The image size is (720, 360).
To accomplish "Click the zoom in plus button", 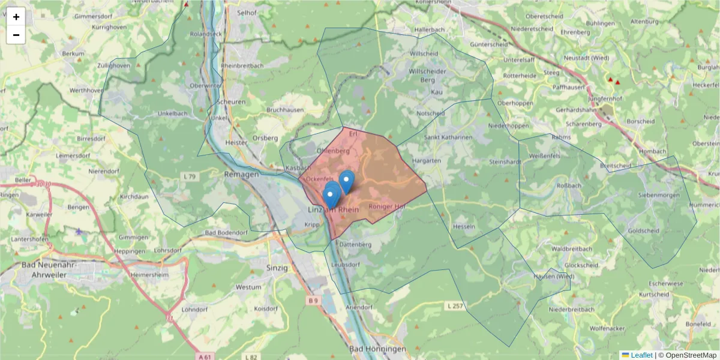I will (16, 17).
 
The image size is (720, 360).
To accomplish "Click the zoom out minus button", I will (16, 35).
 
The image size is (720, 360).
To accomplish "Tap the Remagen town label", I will (241, 174).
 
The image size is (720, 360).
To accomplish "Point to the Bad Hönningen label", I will (377, 349).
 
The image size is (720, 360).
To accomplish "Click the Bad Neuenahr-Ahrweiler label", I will (52, 269).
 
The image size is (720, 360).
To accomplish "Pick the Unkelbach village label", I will (172, 113).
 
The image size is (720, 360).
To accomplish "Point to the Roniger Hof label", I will (388, 206).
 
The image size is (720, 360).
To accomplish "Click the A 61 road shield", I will (205, 356).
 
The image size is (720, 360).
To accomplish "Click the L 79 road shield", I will (189, 176).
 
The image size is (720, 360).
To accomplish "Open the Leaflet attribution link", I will (641, 355).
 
